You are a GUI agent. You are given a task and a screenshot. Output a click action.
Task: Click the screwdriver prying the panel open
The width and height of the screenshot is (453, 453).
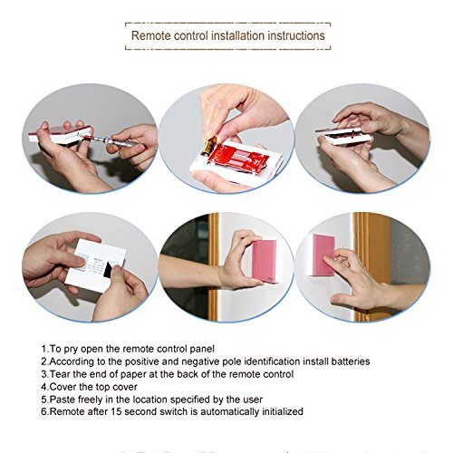[113, 141]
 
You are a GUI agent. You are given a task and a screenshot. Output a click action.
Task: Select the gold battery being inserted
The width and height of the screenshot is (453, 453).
[210, 145]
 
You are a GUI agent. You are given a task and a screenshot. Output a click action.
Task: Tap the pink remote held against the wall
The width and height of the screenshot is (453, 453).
[265, 261]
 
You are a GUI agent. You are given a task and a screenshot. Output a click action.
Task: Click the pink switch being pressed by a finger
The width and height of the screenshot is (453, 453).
[323, 255]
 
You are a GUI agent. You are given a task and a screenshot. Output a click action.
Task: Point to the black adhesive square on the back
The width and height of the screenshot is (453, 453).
[108, 269]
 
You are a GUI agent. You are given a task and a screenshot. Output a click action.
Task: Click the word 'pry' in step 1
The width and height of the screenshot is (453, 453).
[71, 349]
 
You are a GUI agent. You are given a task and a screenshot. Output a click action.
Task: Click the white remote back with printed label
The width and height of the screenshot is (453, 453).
[95, 265]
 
